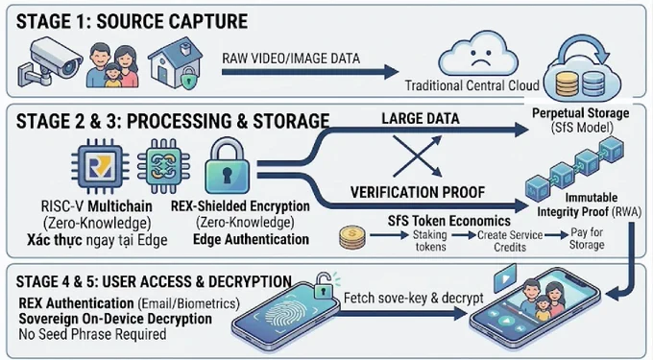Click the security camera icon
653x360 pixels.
coord(49,62)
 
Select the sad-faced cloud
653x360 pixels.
coord(478,53)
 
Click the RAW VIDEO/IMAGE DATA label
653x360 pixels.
coord(291,59)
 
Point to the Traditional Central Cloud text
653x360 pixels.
coord(472,85)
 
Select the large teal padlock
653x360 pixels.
coord(227,166)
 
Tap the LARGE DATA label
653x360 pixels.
coord(421,119)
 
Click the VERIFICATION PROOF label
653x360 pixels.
coord(418,192)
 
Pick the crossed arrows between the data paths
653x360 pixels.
coord(417,156)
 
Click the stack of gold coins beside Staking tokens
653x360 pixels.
coord(352,237)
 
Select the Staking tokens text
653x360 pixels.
coord(430,241)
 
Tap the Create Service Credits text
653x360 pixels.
coord(510,241)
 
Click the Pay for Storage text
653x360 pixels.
coord(587,238)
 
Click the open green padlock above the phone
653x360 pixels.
coord(323,285)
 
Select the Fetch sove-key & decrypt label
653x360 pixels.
coord(414,298)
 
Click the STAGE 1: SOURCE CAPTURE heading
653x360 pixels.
coord(132,21)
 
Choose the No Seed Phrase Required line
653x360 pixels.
coord(92,334)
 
